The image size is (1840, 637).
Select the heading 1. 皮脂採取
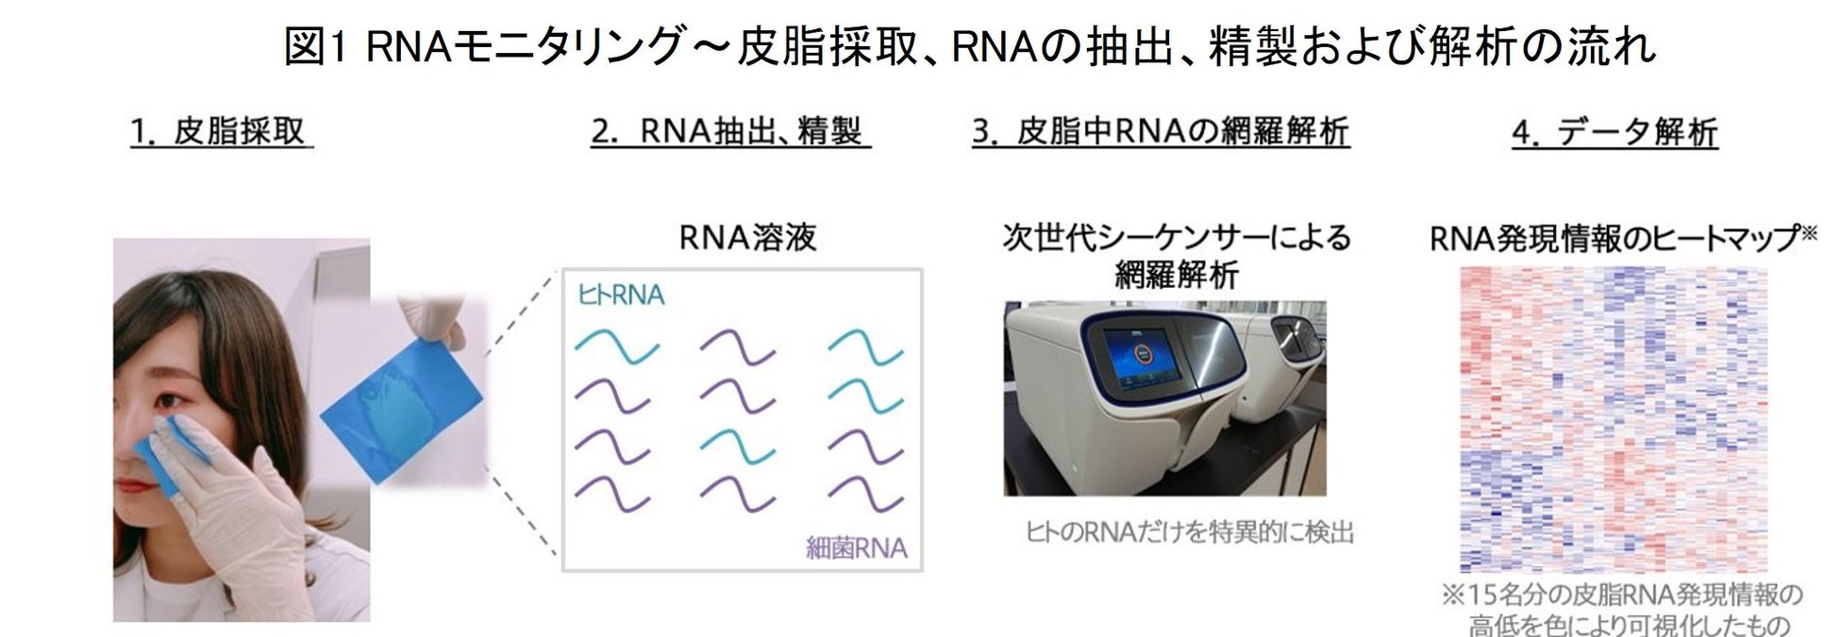point(221,133)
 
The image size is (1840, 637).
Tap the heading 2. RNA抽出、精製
point(730,133)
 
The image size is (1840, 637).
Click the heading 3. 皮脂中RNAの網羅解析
point(1161,133)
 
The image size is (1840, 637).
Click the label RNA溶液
point(747,238)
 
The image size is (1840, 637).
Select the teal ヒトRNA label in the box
point(621,295)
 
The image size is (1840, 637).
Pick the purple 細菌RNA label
point(856,547)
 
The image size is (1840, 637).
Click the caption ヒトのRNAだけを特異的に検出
point(1189,533)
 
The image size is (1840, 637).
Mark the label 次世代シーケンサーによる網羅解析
point(1177,256)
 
